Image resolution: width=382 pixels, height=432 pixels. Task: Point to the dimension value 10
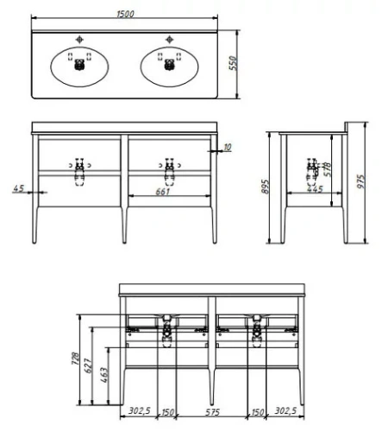point(227,148)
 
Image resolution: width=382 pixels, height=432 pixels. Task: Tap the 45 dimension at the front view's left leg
point(18,187)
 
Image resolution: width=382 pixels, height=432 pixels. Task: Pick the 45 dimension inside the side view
point(317,188)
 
